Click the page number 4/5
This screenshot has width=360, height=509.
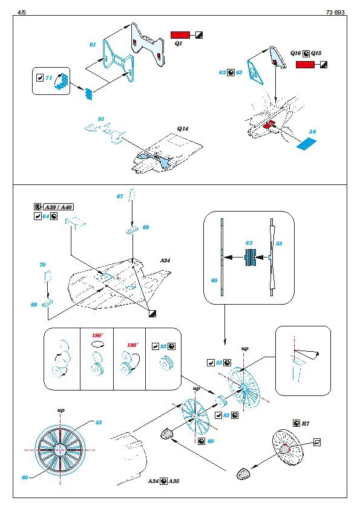21,12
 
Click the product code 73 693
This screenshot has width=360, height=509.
335,12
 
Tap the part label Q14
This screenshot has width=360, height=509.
183,129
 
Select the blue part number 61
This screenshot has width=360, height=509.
93,45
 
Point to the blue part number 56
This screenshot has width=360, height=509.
312,131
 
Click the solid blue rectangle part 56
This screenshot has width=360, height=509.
307,143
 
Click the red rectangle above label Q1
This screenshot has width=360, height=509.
180,35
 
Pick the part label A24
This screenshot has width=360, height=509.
165,260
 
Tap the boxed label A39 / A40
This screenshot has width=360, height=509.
58,207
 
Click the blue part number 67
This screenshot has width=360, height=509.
120,196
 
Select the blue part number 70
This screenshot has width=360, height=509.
42,265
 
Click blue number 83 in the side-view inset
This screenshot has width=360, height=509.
249,243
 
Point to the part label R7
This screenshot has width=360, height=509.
306,423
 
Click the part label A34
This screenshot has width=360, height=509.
153,481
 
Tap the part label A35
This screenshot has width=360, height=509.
174,481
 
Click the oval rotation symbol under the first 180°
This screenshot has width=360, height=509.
97,344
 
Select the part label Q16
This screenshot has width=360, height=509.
296,53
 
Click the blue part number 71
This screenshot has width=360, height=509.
49,78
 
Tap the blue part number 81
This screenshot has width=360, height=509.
101,119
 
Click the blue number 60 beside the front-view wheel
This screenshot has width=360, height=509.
25,477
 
